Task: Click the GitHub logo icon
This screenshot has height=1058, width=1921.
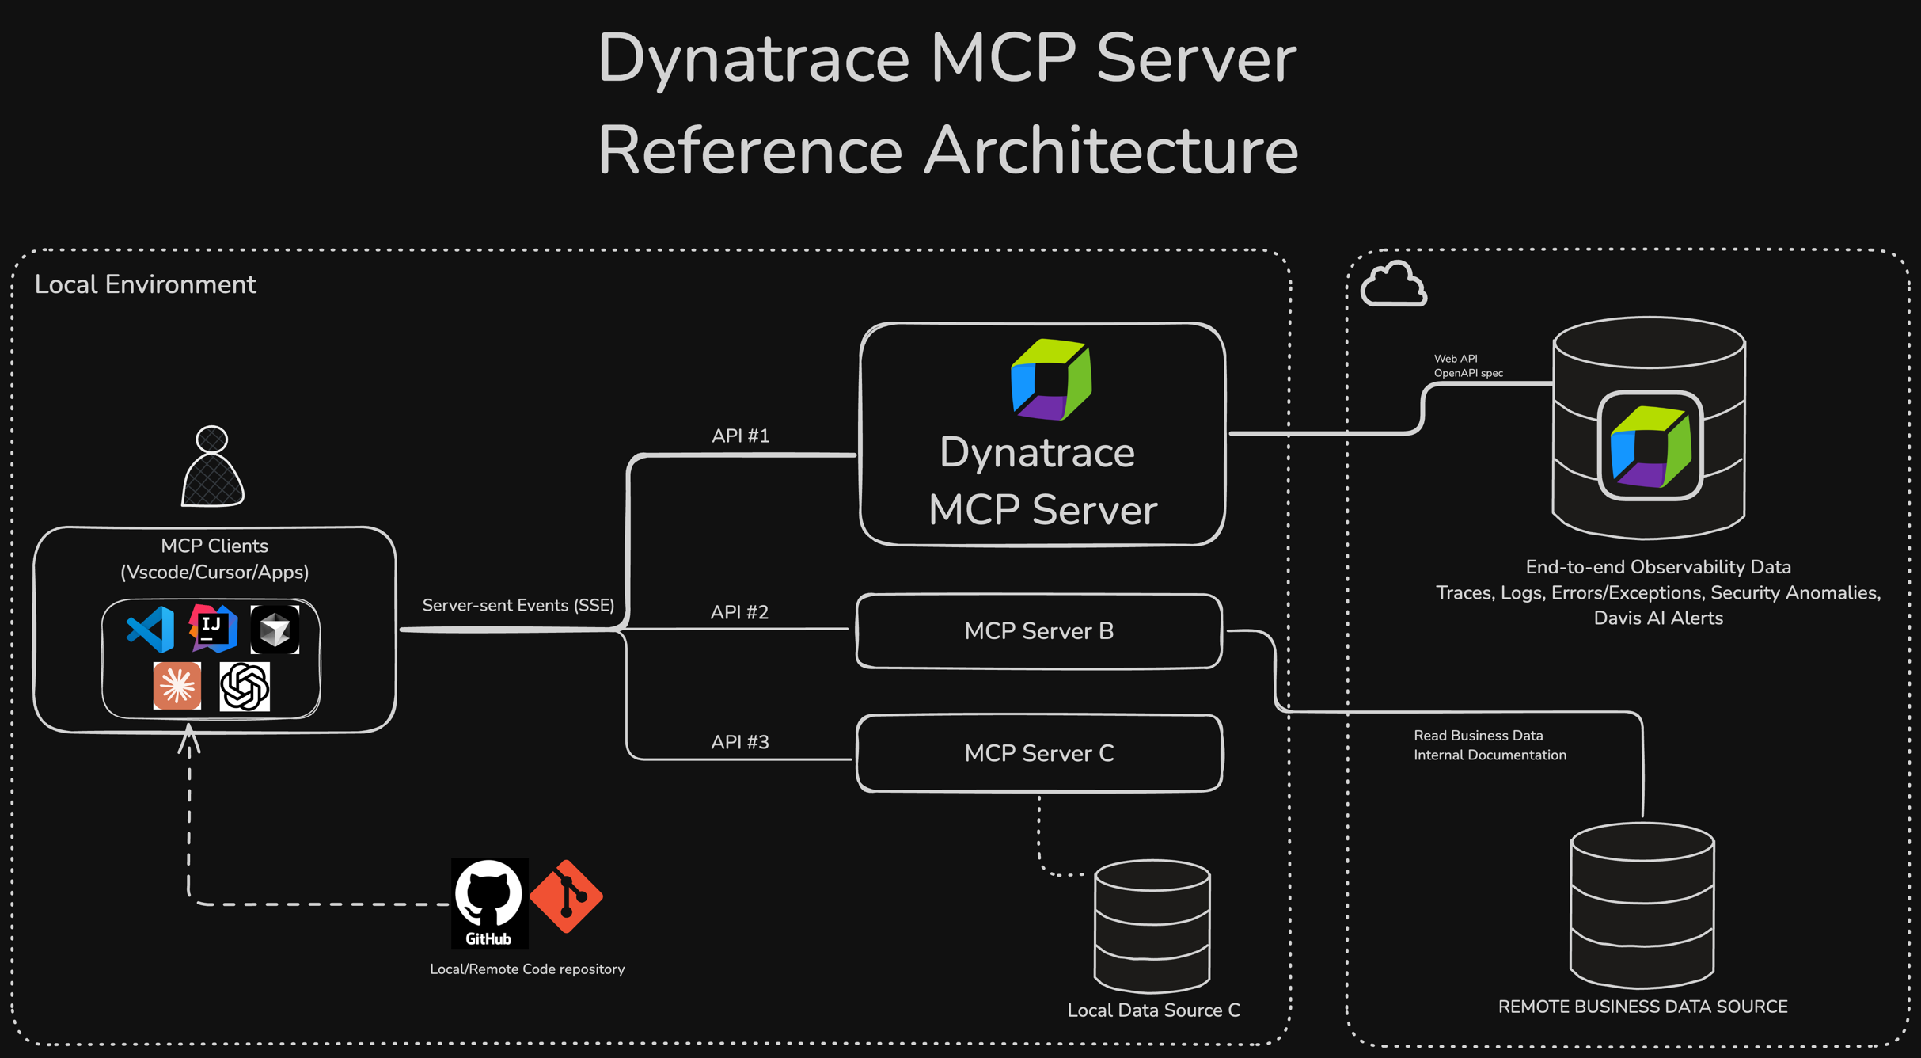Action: [x=489, y=902]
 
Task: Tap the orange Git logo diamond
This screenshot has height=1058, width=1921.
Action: [x=566, y=896]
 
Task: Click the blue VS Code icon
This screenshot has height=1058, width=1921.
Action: [x=150, y=630]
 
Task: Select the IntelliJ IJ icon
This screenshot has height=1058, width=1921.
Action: [x=212, y=628]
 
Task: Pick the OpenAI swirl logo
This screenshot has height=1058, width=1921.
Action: [x=245, y=687]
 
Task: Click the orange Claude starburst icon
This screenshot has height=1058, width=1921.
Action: [x=177, y=686]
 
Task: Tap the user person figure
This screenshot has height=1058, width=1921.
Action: [x=212, y=467]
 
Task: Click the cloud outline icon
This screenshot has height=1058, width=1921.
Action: [x=1393, y=284]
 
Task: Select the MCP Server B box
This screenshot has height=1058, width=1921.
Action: [x=1039, y=631]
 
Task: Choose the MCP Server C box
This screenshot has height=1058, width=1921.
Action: [x=1039, y=753]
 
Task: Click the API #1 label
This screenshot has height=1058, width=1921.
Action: [x=740, y=436]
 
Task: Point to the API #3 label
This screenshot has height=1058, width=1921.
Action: [x=739, y=742]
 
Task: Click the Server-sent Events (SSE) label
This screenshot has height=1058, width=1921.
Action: [x=518, y=605]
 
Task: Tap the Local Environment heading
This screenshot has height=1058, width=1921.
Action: [x=145, y=284]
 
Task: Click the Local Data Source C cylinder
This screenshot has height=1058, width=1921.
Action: [x=1152, y=927]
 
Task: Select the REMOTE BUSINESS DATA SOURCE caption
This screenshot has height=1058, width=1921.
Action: [x=1642, y=1007]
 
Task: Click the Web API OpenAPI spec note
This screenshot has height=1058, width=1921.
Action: [x=1467, y=366]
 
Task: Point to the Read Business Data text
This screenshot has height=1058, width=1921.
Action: [x=1478, y=736]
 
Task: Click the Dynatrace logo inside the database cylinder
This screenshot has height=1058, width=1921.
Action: [x=1650, y=446]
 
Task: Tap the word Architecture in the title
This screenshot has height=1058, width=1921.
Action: [x=1111, y=150]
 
